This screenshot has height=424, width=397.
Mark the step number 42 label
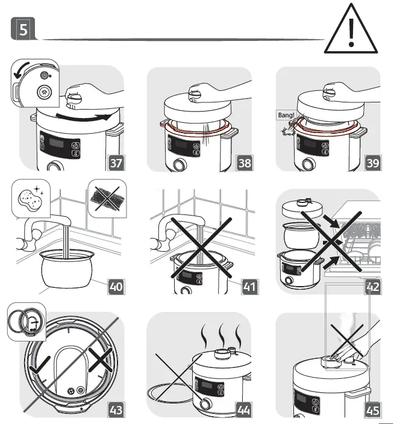tap(373, 287)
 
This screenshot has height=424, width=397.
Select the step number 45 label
tap(373, 410)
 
